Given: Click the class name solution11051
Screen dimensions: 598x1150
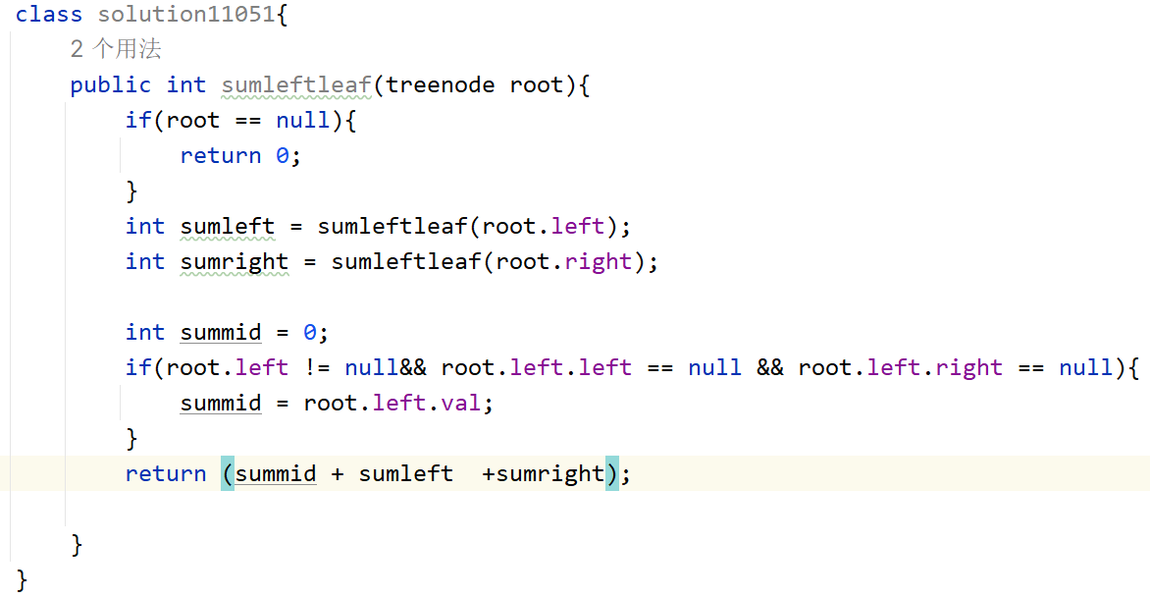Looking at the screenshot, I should pyautogui.click(x=186, y=14).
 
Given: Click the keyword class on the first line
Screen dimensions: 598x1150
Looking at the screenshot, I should pyautogui.click(x=49, y=14).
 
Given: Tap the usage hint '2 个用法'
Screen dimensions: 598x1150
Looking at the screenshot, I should pyautogui.click(x=116, y=49).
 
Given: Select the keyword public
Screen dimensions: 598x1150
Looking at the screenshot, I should pyautogui.click(x=110, y=84).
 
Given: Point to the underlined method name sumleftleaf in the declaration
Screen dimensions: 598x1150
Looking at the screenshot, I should pyautogui.click(x=296, y=84).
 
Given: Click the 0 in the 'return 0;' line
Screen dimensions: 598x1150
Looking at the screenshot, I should pyautogui.click(x=283, y=155).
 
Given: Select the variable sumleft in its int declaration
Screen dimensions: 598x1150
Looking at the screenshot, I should pyautogui.click(x=228, y=226).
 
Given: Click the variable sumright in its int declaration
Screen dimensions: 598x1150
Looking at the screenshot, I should pyautogui.click(x=235, y=261).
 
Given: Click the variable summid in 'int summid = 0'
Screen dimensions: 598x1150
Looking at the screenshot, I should pyautogui.click(x=221, y=332).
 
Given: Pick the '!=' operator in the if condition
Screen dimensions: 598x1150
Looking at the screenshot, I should pyautogui.click(x=317, y=367).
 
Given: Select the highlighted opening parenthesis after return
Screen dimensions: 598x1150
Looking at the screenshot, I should pyautogui.click(x=228, y=473).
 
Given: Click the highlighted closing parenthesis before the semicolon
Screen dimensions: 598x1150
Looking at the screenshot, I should pyautogui.click(x=612, y=473).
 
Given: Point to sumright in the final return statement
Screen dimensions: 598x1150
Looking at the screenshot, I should pyautogui.click(x=550, y=473).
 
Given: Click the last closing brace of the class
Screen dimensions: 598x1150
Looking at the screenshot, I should pyautogui.click(x=23, y=579).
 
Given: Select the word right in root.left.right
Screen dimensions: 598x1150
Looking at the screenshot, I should pyautogui.click(x=969, y=367).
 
